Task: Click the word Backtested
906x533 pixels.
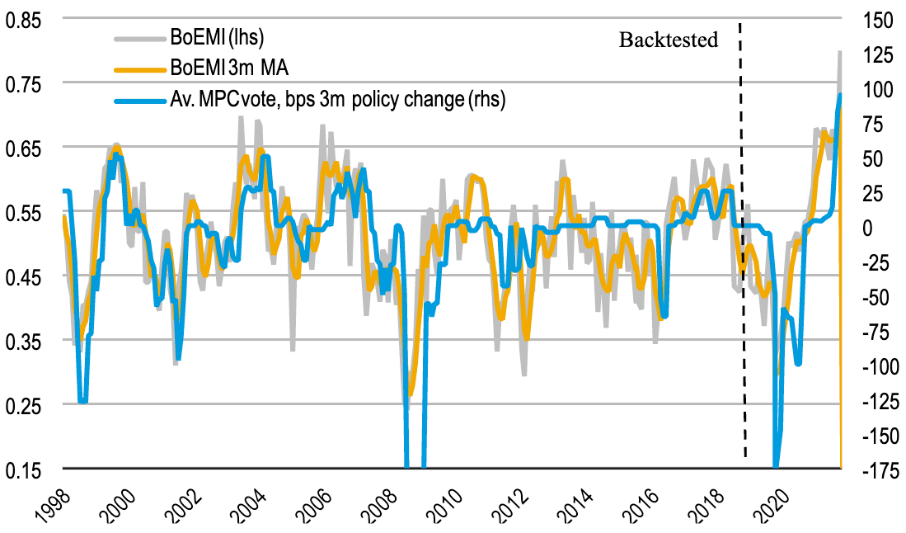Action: [x=669, y=40]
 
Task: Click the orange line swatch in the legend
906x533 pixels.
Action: [x=141, y=68]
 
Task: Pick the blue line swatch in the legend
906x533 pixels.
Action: [x=141, y=100]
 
